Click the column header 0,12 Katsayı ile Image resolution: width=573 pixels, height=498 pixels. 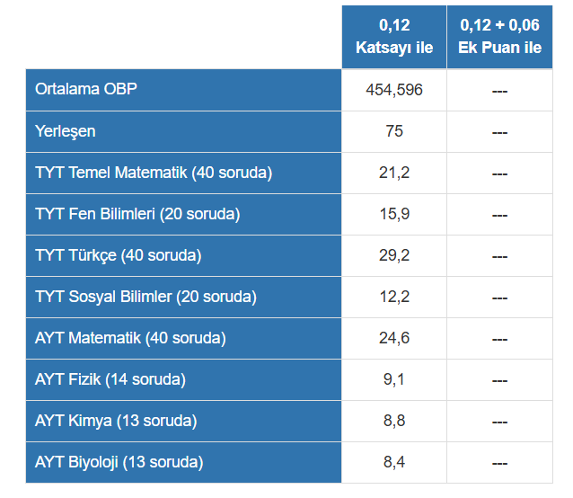tap(394, 36)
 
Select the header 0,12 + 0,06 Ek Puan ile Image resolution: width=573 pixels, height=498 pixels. tap(499, 36)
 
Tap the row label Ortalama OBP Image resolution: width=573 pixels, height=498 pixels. tap(86, 89)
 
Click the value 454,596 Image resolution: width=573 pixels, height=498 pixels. tap(394, 90)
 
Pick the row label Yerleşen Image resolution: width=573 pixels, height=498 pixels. tap(66, 131)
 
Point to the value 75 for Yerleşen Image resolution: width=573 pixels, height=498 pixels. tap(394, 131)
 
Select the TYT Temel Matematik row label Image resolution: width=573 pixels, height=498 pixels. tap(154, 173)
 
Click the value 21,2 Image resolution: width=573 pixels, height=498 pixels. tap(394, 173)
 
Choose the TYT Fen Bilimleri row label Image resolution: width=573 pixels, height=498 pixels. tap(137, 214)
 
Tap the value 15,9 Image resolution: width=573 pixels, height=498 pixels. tap(394, 214)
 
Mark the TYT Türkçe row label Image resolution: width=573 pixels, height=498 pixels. tap(119, 255)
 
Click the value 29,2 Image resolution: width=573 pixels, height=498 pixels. tap(394, 255)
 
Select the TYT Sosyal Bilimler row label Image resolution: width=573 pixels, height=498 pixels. tap(145, 297)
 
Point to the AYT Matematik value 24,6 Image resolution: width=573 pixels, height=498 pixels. tap(394, 338)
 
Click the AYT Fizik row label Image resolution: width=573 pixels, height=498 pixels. tap(110, 379)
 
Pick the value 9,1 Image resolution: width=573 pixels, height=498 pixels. tap(394, 379)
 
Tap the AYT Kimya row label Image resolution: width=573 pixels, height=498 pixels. tap(116, 421)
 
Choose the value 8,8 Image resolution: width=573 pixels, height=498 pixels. tap(394, 421)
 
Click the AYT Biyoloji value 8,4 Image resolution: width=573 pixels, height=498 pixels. tap(394, 462)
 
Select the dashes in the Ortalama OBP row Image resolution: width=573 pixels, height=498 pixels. tap(499, 91)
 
